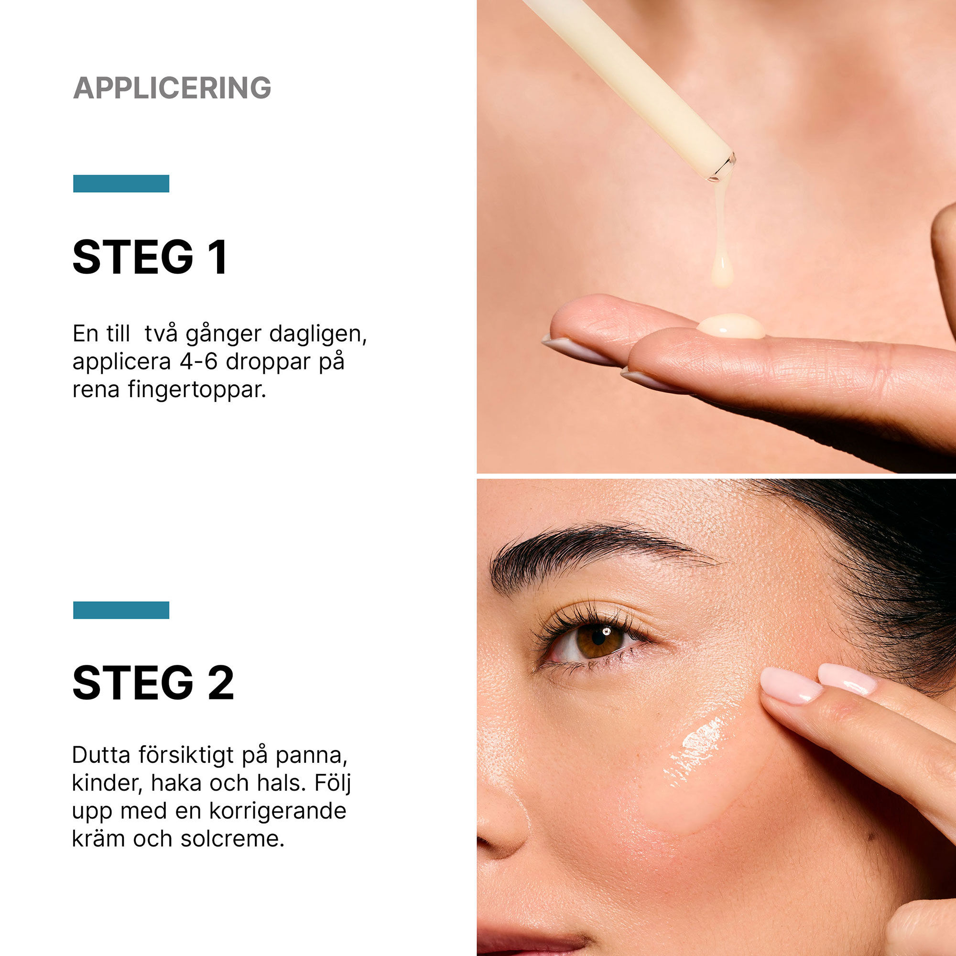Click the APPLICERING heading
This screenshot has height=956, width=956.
(x=172, y=88)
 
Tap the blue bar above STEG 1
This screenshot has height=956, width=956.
(x=121, y=183)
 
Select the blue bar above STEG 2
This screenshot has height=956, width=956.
(x=121, y=609)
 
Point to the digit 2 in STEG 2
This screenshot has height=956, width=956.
(x=221, y=683)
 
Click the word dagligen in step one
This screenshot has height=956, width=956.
(x=318, y=335)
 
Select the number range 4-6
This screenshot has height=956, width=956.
(x=198, y=362)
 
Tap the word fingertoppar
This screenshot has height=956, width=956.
(x=197, y=390)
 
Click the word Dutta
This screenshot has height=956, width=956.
(x=101, y=755)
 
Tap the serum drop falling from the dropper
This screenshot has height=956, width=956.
(x=722, y=272)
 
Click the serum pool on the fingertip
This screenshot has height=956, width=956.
(x=731, y=326)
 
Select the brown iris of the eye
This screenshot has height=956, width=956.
(x=599, y=641)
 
